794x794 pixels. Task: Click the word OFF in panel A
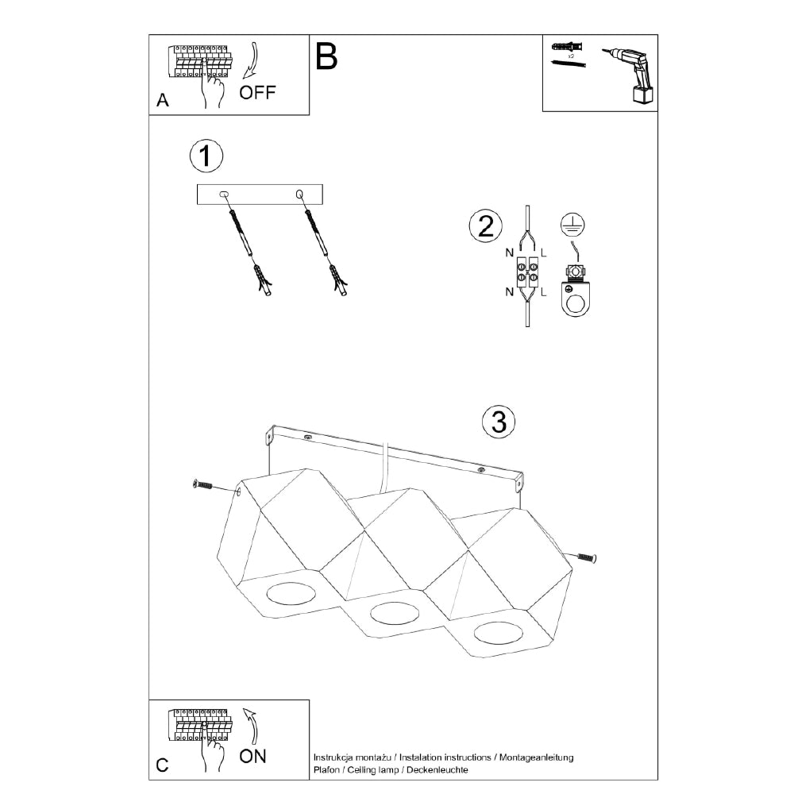[257, 93]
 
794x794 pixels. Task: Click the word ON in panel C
[252, 757]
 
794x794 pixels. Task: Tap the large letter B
[326, 56]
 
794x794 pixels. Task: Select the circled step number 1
[206, 156]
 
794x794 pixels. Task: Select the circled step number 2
[486, 225]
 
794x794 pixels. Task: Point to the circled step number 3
[499, 422]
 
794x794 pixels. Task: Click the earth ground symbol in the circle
[572, 225]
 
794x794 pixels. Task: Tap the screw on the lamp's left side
[202, 485]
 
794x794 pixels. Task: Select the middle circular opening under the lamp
[395, 614]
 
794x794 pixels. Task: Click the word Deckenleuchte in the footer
[437, 770]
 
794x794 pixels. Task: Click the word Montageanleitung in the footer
[536, 757]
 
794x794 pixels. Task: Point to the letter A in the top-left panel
[163, 100]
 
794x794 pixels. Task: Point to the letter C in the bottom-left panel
[162, 765]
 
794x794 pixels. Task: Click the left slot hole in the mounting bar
[224, 194]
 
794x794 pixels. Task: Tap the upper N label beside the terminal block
[510, 252]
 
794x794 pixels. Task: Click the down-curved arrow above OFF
[251, 62]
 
